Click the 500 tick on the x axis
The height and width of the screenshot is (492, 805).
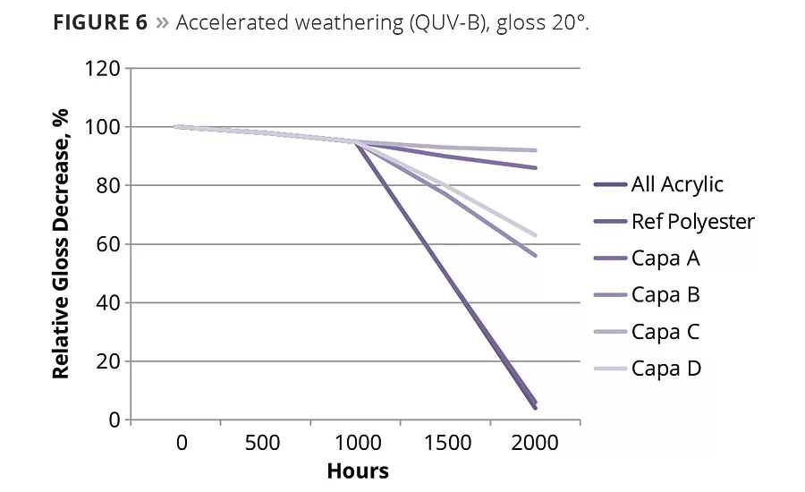coord(262,443)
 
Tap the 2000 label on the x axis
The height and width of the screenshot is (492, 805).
coord(534,443)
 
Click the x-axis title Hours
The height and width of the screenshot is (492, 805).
coord(358,471)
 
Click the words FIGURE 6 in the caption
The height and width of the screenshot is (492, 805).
coord(99,22)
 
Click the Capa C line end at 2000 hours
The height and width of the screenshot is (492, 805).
coord(535,150)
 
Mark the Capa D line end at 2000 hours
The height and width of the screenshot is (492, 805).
coord(535,235)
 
